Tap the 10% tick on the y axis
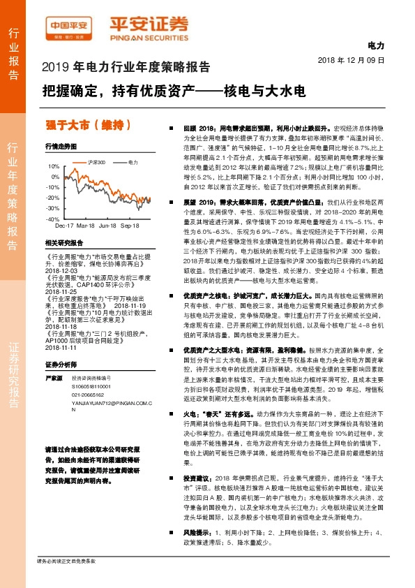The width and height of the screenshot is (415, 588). (54, 167)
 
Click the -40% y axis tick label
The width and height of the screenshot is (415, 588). (53, 219)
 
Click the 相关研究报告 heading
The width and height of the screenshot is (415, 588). (63, 243)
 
